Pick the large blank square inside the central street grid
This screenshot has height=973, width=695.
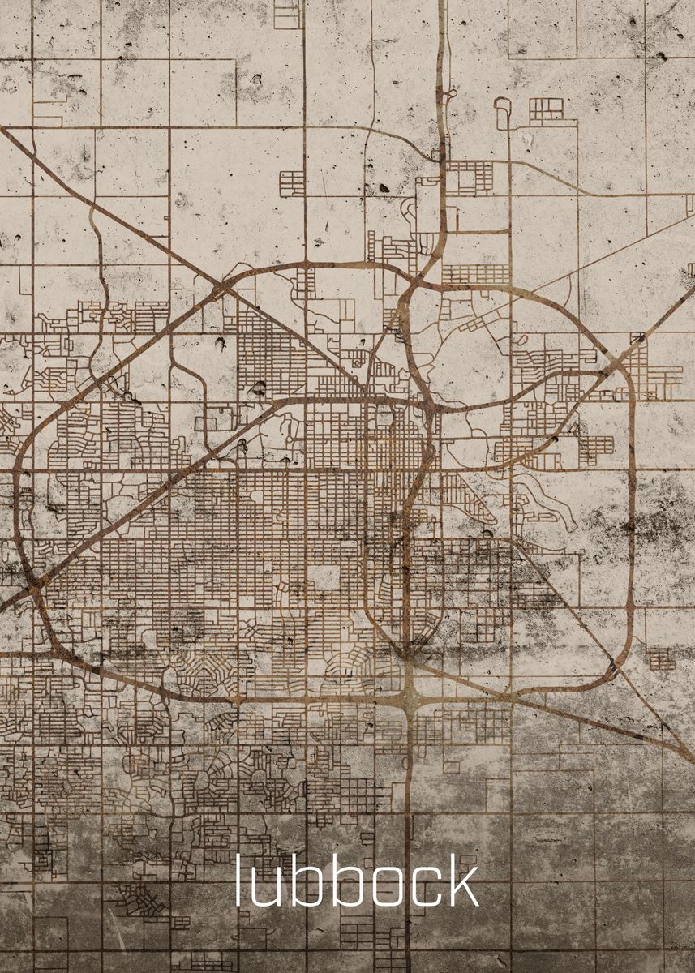pyautogui.click(x=324, y=578)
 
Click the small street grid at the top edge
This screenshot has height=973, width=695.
pyautogui.click(x=288, y=14)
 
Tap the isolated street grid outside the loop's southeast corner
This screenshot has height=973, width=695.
pyautogui.click(x=661, y=658)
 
